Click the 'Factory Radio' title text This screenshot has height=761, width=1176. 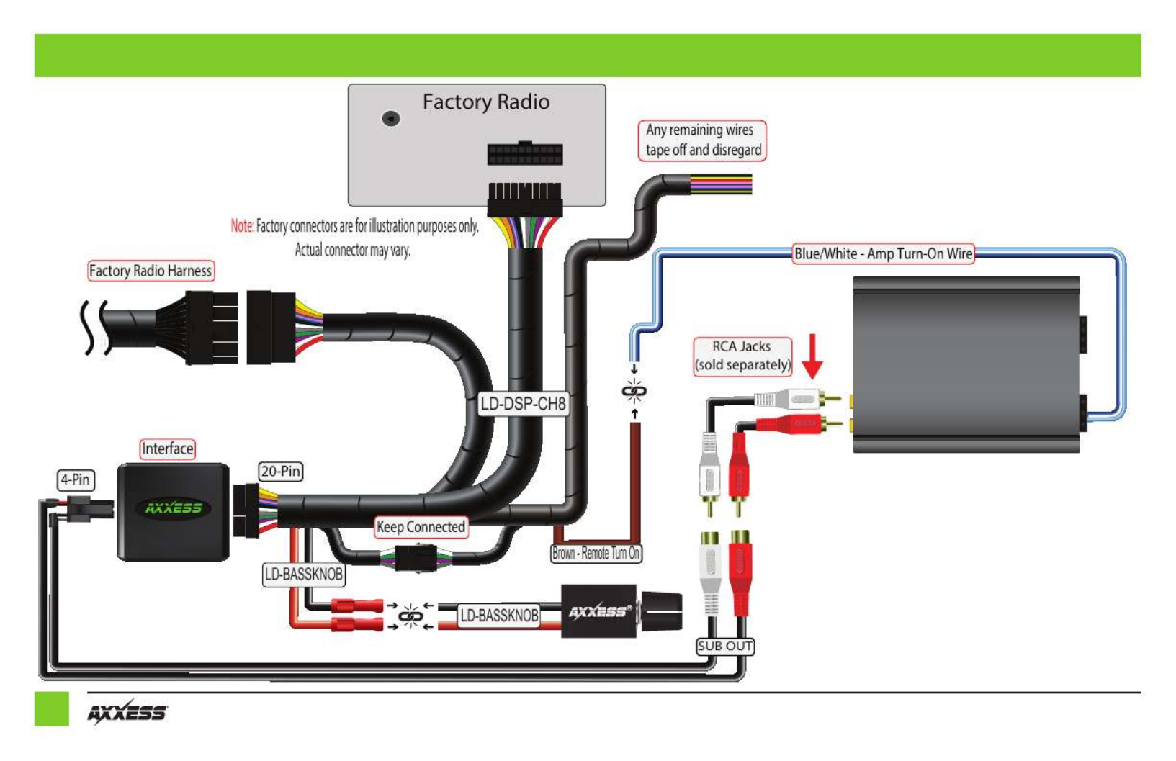point(486,102)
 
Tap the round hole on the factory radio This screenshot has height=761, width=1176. point(390,119)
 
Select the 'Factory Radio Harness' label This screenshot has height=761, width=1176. point(151,271)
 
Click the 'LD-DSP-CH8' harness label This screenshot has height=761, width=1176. point(524,404)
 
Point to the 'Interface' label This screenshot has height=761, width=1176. point(168,449)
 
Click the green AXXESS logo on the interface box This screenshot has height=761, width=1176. point(174,508)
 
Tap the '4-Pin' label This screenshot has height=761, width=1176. point(76,479)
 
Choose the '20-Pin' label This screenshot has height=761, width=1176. point(281,472)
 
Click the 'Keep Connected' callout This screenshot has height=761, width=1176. point(421,527)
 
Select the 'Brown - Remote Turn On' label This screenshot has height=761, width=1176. point(596,553)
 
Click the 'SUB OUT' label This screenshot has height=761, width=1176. point(725,646)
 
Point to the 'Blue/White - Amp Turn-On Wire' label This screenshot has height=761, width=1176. point(884,254)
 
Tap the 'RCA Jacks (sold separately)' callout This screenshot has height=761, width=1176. point(742,356)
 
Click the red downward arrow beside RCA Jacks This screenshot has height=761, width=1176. point(813,356)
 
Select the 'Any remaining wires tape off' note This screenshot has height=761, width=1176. point(703,140)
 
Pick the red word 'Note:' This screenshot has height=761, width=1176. point(242,226)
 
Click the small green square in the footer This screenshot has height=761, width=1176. point(51,709)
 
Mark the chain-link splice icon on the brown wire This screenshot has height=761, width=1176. point(634,392)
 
